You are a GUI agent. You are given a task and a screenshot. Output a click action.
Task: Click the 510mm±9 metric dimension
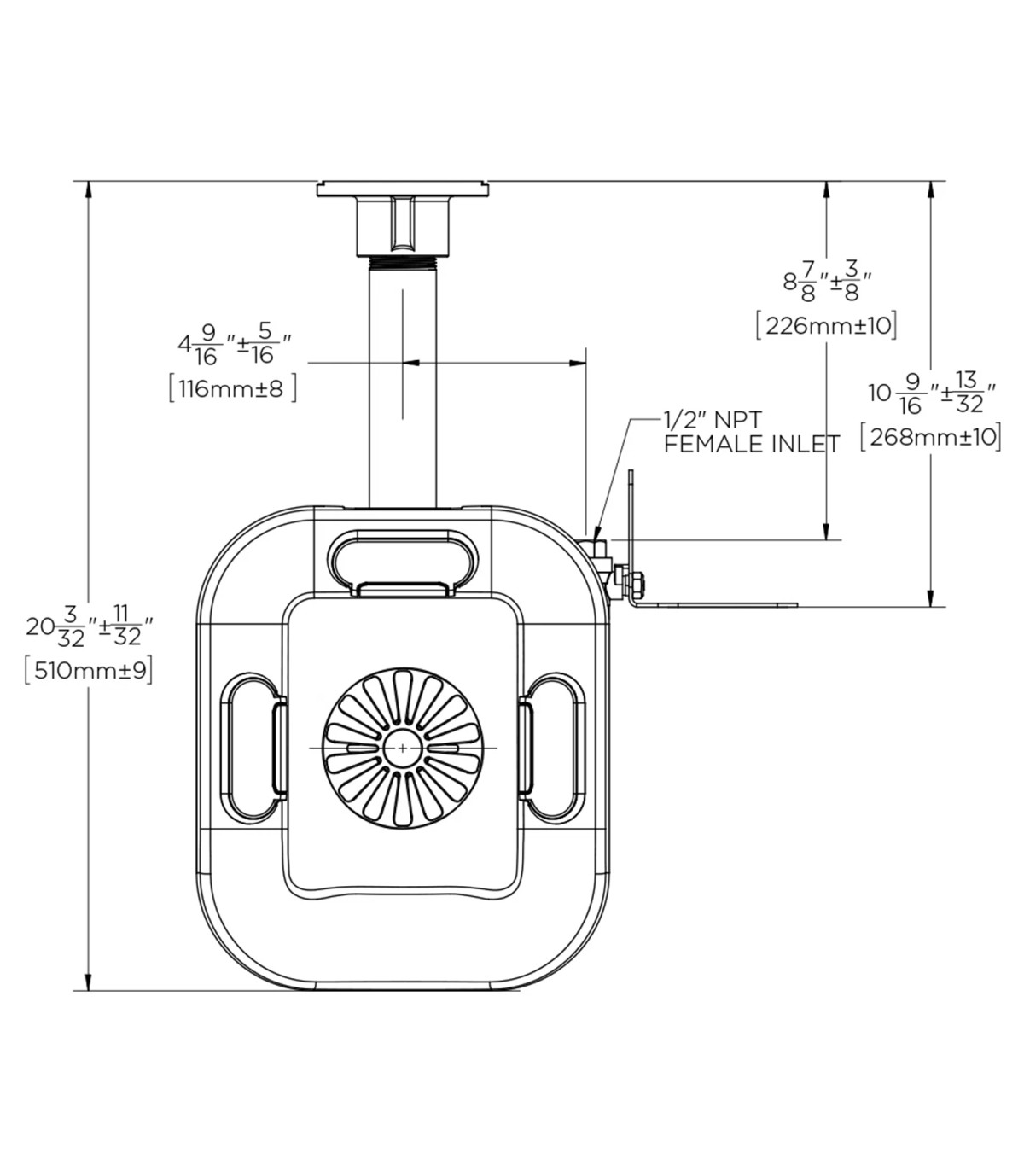coord(90,672)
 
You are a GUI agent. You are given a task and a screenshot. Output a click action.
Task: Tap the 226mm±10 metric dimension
coord(827,326)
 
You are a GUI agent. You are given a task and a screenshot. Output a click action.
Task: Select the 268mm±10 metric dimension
coord(931,438)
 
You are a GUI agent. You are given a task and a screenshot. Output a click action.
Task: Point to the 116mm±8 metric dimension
coord(233,389)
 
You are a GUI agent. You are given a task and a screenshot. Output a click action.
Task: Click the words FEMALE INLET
coord(752,444)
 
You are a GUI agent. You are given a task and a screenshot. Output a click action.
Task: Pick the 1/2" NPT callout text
coord(713,420)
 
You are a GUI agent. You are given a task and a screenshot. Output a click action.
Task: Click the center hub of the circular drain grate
coord(403,748)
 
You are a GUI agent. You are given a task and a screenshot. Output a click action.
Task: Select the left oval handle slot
coord(253,746)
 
